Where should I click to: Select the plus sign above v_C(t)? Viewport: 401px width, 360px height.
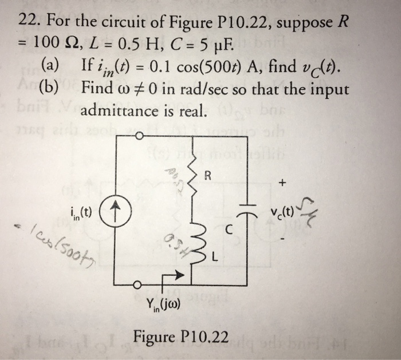point(281,184)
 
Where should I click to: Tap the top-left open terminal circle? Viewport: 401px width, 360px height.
point(137,136)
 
